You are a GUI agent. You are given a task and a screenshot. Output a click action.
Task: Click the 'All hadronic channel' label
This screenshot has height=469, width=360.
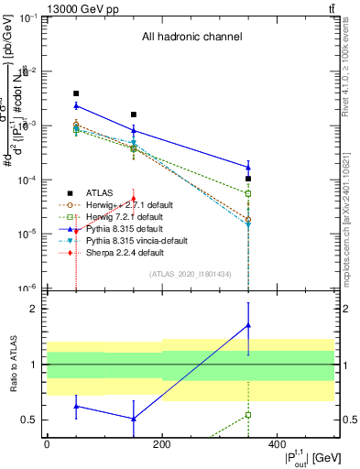(x=191, y=38)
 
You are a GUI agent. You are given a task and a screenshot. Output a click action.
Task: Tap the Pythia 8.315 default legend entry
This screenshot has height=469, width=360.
(x=117, y=228)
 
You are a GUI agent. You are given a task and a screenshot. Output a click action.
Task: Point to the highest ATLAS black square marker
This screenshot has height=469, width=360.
(x=76, y=93)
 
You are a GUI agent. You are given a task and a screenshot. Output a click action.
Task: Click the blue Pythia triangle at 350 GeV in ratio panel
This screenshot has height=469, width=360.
(x=248, y=325)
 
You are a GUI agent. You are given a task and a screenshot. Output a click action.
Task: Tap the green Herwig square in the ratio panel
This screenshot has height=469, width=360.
(x=248, y=415)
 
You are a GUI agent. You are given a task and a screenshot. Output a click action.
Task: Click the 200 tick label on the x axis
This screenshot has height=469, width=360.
(x=161, y=443)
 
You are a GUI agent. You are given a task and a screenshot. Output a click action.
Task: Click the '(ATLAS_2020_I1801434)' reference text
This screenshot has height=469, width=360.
(x=191, y=274)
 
